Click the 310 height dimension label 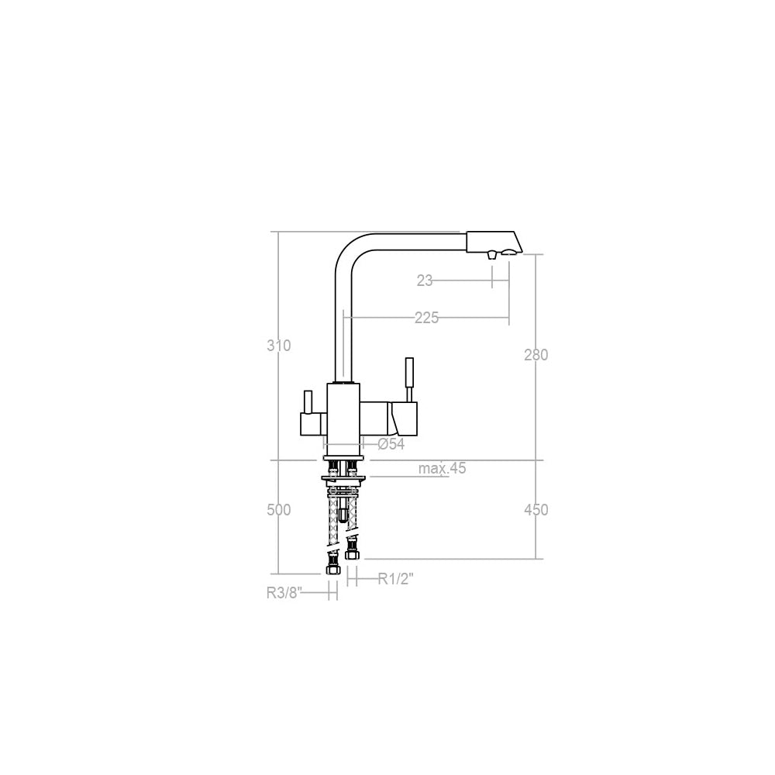coord(278,346)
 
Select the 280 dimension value coord(536,355)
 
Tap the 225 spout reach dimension coord(426,318)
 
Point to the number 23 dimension coord(425,281)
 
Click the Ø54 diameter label coord(391,445)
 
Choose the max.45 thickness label coord(442,468)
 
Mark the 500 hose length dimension coord(278,510)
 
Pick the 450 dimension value coord(536,510)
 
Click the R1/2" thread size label coord(395,578)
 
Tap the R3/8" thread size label coord(283,593)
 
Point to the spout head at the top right coord(493,241)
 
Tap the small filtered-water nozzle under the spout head coord(491,255)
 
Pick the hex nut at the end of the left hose coord(332,569)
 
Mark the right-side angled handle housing coord(403,419)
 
